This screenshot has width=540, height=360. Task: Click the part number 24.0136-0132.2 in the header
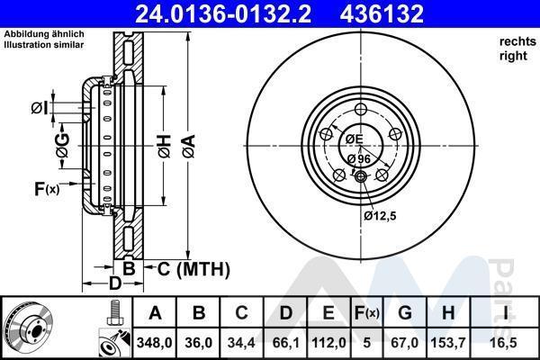point(223,13)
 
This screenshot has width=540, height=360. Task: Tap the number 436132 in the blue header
point(382,13)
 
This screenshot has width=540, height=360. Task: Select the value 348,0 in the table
point(154,343)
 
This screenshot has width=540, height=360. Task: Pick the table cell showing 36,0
point(199,343)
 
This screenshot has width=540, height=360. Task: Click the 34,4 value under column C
point(241,343)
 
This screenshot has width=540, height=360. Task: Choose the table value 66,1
point(286,343)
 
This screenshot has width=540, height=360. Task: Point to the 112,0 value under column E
point(328,343)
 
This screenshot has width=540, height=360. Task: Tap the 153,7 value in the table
point(448,343)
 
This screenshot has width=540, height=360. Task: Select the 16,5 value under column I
point(506,343)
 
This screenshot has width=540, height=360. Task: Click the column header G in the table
point(405,313)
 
